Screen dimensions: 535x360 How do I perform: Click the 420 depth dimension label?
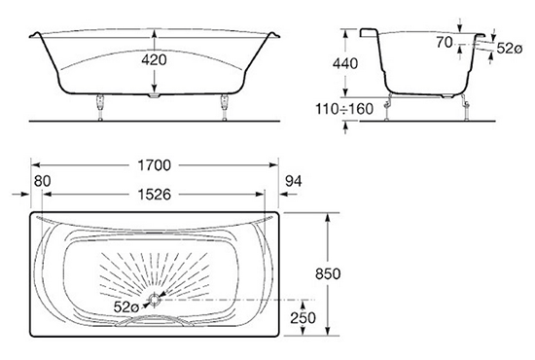pyautogui.click(x=155, y=60)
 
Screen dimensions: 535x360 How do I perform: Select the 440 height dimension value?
pyautogui.click(x=345, y=64)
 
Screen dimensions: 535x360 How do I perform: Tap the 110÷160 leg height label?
pyautogui.click(x=344, y=109)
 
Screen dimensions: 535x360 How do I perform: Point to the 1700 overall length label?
pyautogui.click(x=155, y=165)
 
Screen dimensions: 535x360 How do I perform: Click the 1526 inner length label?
pyautogui.click(x=155, y=195)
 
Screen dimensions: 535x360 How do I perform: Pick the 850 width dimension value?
pyautogui.click(x=328, y=274)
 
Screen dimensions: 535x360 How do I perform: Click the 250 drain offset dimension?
pyautogui.click(x=303, y=318)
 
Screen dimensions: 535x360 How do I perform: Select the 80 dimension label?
pyautogui.click(x=43, y=181)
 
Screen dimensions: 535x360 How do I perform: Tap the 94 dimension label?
pyautogui.click(x=294, y=181)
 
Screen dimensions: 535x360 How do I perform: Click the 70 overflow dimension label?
pyautogui.click(x=445, y=43)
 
